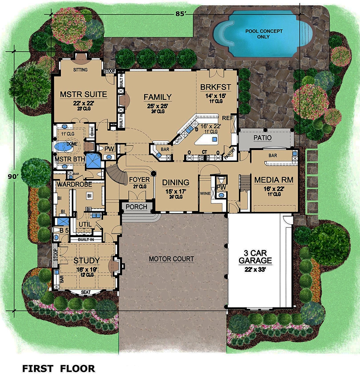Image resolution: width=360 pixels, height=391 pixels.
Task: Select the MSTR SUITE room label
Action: (83, 95)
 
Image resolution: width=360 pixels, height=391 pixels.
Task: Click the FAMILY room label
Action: (157, 97)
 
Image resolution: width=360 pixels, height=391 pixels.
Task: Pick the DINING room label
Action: (176, 182)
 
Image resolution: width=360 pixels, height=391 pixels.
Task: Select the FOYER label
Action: (139, 179)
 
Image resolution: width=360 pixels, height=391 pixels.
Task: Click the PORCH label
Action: (137, 207)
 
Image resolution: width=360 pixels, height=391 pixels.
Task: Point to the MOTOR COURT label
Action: (171, 259)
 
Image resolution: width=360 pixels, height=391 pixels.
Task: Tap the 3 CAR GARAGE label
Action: (256, 256)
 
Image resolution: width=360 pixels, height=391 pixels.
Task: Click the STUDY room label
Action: (86, 261)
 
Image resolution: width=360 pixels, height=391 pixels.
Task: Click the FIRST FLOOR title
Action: (59, 368)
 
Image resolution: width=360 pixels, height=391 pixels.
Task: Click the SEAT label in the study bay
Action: (85, 292)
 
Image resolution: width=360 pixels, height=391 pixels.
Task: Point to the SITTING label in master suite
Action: (80, 70)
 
